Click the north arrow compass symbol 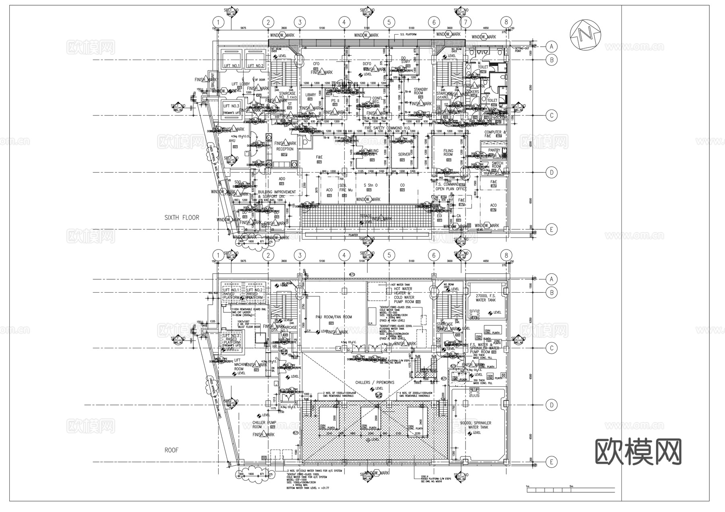tap(585, 34)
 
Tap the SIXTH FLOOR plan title tap(182, 217)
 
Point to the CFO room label tap(316, 64)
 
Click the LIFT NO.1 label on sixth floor tap(232, 66)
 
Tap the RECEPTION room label tap(285, 149)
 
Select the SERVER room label tap(404, 155)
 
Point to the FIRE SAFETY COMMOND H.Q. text tap(387, 128)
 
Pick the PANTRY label tap(494, 150)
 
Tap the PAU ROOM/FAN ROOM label tap(334, 317)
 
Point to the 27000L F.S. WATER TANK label tap(486, 297)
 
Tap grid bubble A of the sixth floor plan tap(552, 47)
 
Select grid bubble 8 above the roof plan tap(506, 255)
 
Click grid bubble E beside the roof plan tap(552, 462)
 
